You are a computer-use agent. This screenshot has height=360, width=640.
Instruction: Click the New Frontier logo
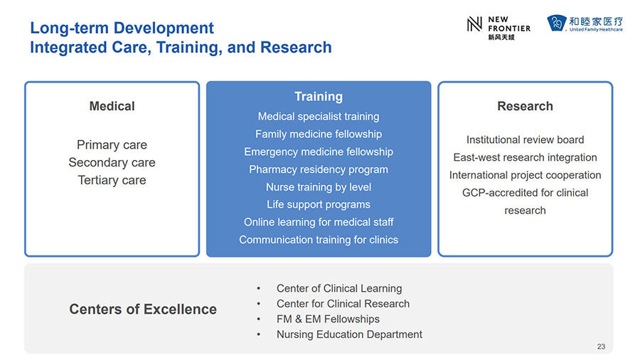pyautogui.click(x=498, y=28)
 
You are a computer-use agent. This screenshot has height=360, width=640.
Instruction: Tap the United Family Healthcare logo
pyautogui.click(x=585, y=23)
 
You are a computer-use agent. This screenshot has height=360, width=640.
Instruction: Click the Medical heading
pyautogui.click(x=112, y=106)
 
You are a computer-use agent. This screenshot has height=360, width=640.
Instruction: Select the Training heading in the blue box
pyautogui.click(x=319, y=97)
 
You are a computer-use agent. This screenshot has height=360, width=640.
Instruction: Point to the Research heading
pyautogui.click(x=525, y=106)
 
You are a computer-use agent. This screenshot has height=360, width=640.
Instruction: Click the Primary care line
pyautogui.click(x=112, y=145)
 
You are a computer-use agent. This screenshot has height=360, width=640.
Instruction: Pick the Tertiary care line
pyautogui.click(x=112, y=180)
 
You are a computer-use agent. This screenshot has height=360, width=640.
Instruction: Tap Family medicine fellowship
pyautogui.click(x=319, y=134)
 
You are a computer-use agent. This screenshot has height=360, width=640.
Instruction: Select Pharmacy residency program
pyautogui.click(x=319, y=169)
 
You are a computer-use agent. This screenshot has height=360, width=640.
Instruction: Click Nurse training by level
pyautogui.click(x=319, y=187)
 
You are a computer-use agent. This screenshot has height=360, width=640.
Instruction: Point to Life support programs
pyautogui.click(x=319, y=204)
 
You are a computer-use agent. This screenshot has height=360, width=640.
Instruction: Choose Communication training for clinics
pyautogui.click(x=319, y=240)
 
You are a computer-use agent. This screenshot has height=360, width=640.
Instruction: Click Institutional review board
pyautogui.click(x=525, y=139)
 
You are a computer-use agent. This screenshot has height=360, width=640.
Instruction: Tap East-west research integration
pyautogui.click(x=525, y=157)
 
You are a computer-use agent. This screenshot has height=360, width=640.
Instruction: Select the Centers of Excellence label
pyautogui.click(x=143, y=309)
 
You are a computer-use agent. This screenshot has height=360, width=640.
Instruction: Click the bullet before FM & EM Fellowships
pyautogui.click(x=258, y=319)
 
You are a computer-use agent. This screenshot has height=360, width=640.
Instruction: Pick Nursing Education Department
pyautogui.click(x=349, y=334)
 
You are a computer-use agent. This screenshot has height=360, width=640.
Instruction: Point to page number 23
pyautogui.click(x=601, y=346)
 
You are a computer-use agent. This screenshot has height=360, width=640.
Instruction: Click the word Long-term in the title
pyautogui.click(x=70, y=28)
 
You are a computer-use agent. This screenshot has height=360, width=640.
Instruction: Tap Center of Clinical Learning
pyautogui.click(x=339, y=289)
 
